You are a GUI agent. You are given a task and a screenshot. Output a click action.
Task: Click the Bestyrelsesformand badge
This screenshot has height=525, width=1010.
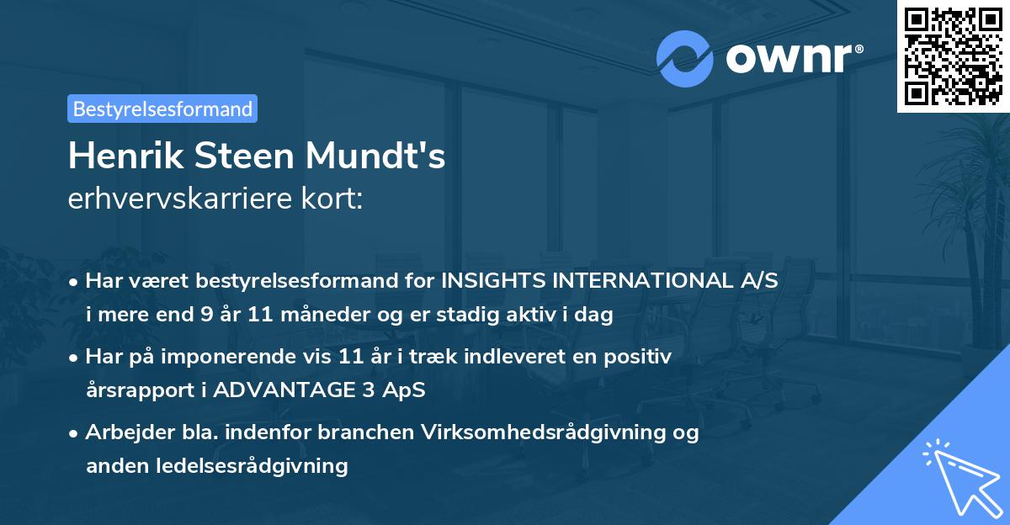coord(162,109)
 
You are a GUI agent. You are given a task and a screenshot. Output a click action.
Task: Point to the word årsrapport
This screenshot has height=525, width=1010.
coord(133,390)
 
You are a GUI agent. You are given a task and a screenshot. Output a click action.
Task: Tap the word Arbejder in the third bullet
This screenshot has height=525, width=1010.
coord(122,432)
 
